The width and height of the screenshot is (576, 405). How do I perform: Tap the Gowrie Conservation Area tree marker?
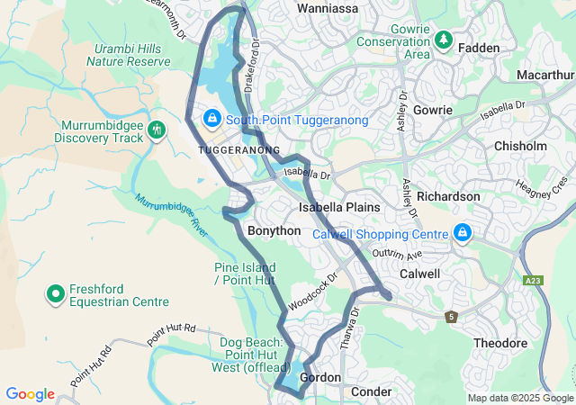pyautogui.click(x=443, y=40)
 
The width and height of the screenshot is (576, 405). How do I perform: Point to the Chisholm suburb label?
pyautogui.click(x=519, y=146)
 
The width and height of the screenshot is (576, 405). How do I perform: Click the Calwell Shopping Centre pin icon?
pyautogui.click(x=463, y=233)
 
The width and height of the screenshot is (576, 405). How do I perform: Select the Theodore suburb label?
pyautogui.click(x=499, y=343)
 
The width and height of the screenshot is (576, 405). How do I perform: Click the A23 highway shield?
pyautogui.click(x=532, y=281)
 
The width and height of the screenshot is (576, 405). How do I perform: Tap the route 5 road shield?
pyautogui.click(x=451, y=317)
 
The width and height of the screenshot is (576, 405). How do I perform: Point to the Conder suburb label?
pyautogui.click(x=371, y=391)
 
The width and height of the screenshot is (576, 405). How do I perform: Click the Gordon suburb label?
pyautogui.click(x=320, y=377)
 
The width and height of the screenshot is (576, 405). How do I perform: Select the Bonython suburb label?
pyautogui.click(x=274, y=230)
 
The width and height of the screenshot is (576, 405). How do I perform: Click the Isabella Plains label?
pyautogui.click(x=339, y=207)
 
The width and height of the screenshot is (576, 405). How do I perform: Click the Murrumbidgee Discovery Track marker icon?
pyautogui.click(x=157, y=130)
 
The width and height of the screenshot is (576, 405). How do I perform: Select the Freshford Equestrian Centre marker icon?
pyautogui.click(x=55, y=294)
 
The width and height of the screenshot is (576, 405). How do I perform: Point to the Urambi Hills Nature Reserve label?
pyautogui.click(x=128, y=54)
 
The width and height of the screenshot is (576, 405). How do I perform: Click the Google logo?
pyautogui.click(x=30, y=394)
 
